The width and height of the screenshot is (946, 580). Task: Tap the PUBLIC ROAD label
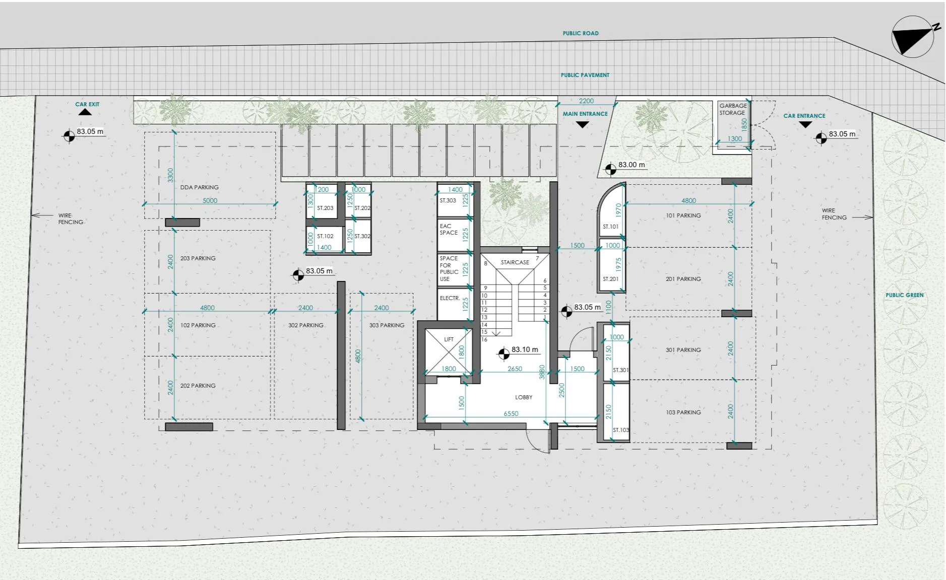[x=581, y=33]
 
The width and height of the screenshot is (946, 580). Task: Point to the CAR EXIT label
[x=87, y=104]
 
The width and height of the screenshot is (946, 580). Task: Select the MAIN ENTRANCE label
[x=585, y=114]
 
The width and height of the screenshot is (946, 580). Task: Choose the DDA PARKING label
[x=200, y=187]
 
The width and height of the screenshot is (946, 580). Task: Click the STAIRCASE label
[x=515, y=262]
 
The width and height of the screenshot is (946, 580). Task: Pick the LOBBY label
[x=524, y=397]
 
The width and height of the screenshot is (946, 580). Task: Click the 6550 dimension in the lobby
[x=511, y=413]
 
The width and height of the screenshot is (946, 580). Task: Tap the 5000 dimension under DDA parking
[x=210, y=200]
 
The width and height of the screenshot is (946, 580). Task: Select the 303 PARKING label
[x=387, y=325]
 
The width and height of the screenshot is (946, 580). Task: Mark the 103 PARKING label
[x=683, y=412]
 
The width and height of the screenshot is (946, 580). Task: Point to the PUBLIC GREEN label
[x=905, y=295]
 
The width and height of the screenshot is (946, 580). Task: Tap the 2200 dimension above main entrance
[x=586, y=101]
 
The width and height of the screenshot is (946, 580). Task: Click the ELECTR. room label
[x=450, y=298]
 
